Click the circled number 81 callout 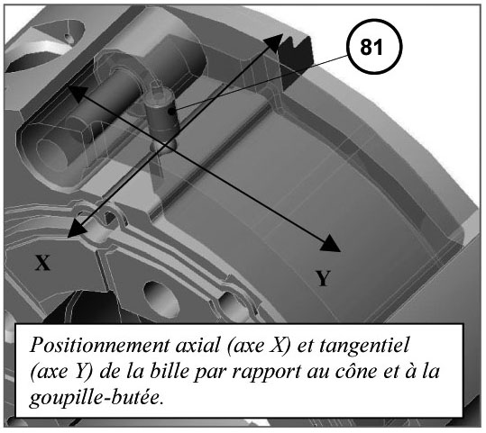click(374, 47)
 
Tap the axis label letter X click(42, 263)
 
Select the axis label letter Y click(323, 278)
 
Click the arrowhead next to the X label click(77, 229)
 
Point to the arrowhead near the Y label click(331, 243)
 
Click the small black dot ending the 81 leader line click(171, 112)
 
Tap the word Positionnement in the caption click(100, 346)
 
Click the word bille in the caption click(170, 371)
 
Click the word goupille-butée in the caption click(96, 398)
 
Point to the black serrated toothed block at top click(297, 59)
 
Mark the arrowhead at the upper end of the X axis click(272, 44)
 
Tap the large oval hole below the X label click(161, 299)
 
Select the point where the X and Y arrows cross click(165, 145)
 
